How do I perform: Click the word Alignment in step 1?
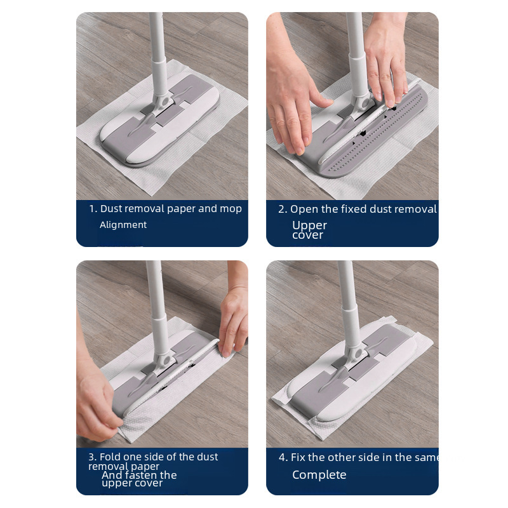click(x=123, y=225)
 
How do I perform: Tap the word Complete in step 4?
click(x=319, y=475)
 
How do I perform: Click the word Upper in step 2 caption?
click(x=309, y=225)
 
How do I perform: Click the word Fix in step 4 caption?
click(x=298, y=457)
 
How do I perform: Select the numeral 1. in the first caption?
click(x=93, y=209)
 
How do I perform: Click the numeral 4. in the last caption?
click(x=283, y=457)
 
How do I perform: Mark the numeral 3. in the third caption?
click(x=93, y=457)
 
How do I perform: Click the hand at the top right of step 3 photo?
click(x=233, y=317)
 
